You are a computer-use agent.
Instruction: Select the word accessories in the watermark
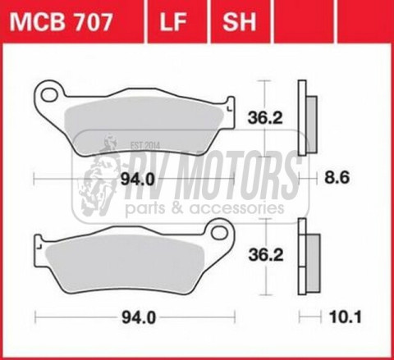[234, 210]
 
